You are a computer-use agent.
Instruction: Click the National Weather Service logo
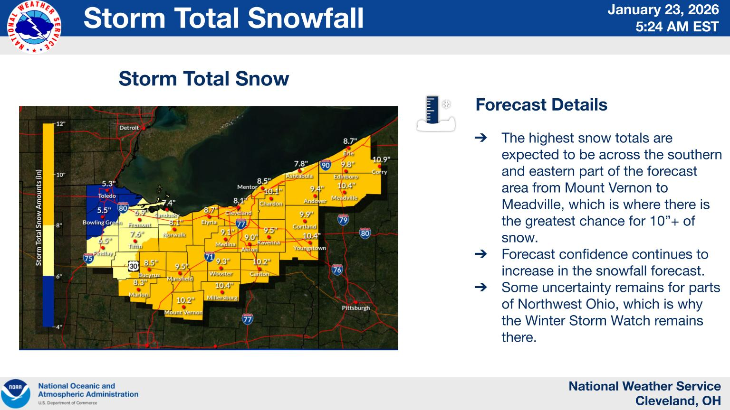point(34,27)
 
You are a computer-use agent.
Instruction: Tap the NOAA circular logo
point(16,393)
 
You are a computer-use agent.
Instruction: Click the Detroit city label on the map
point(129,128)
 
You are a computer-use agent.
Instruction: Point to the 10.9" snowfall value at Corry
point(381,160)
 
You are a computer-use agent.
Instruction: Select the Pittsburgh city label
point(355,308)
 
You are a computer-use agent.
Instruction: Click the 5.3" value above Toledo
point(108,184)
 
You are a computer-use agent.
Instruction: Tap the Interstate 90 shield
point(325,165)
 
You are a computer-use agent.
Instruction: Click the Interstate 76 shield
point(337,270)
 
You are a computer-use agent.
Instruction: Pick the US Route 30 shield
point(133,266)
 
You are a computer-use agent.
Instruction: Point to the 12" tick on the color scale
point(60,124)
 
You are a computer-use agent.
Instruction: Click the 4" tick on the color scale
point(59,327)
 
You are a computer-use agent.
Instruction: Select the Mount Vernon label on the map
point(183,312)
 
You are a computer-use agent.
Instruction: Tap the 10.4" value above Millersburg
point(223,285)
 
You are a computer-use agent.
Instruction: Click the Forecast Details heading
point(541,105)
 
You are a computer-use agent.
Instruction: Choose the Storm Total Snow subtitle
point(203,79)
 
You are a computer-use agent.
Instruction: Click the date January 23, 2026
point(663,10)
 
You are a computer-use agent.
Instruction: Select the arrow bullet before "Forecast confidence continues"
point(480,254)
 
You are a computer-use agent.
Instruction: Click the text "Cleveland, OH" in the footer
point(678,401)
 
